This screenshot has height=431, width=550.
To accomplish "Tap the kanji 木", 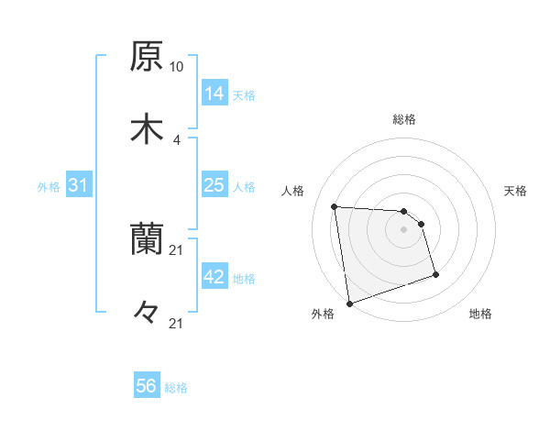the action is [146, 129].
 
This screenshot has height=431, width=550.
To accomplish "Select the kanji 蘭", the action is [146, 241].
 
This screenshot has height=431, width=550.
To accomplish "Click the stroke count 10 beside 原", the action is [177, 67].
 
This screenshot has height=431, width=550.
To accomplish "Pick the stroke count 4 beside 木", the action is [177, 139].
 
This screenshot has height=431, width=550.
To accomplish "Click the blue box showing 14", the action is [214, 93].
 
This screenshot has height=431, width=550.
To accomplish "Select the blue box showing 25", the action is [214, 185].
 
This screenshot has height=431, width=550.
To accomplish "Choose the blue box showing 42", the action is [214, 277].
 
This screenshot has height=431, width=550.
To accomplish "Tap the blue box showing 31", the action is [79, 185].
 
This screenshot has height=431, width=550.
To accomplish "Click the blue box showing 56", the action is [147, 386].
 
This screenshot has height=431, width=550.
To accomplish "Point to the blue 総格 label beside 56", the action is [176, 388].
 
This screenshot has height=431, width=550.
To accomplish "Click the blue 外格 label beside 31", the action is [49, 186].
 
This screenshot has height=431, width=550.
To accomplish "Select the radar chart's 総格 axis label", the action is [404, 119].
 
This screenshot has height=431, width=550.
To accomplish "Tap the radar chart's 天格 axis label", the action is [515, 191].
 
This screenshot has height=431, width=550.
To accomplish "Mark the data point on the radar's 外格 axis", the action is [348, 303].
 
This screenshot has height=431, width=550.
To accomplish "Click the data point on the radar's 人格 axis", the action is [335, 206].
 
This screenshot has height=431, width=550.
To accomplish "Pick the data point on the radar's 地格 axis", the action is [435, 274].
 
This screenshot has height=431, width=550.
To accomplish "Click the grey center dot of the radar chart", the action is [404, 229].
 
